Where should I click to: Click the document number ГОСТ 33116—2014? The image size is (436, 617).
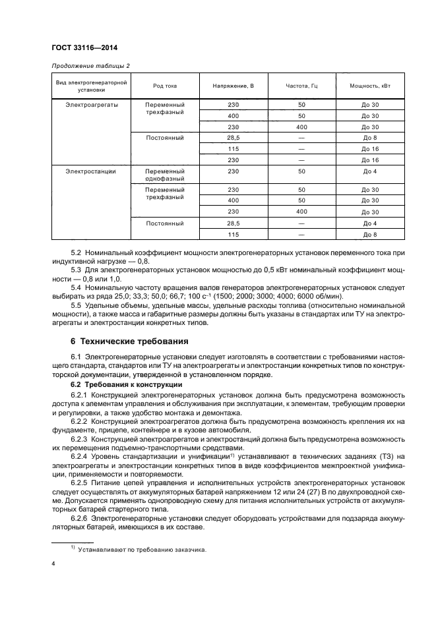[x=79, y=47]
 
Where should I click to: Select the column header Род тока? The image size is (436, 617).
[x=165, y=86]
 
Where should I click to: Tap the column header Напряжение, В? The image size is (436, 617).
[x=233, y=86]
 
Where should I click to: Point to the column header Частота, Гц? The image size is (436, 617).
[x=301, y=86]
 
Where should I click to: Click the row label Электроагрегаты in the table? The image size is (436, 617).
[x=90, y=105]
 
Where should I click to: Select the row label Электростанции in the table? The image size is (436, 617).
[x=90, y=171]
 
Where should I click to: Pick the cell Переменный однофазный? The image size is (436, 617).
[x=165, y=175]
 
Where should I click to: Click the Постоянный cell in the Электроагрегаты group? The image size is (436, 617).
[x=165, y=138]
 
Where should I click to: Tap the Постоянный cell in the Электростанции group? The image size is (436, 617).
[x=165, y=223]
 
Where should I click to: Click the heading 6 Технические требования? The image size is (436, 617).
[x=129, y=341]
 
